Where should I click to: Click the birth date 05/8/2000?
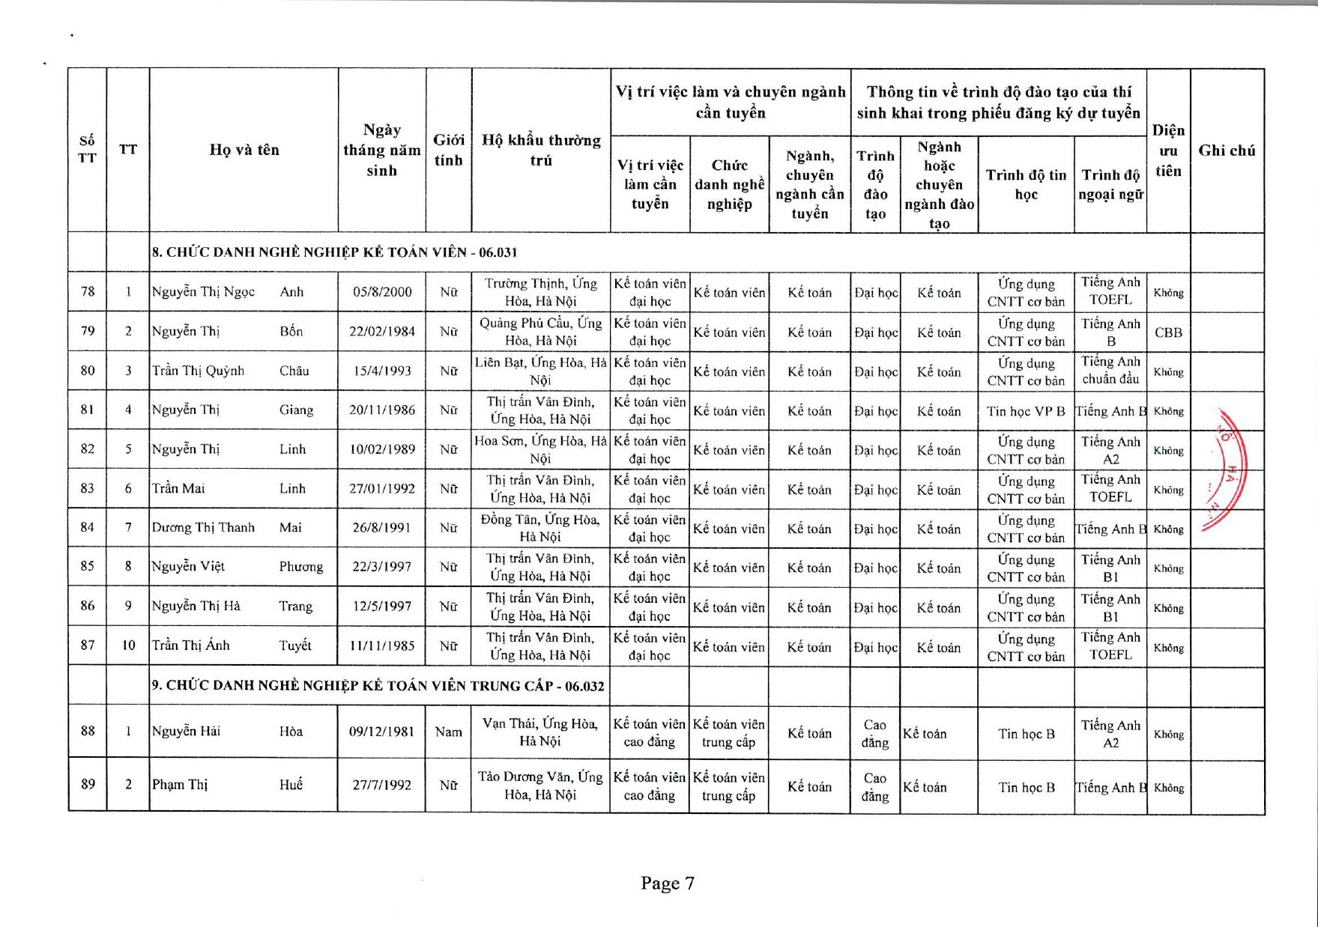(x=382, y=292)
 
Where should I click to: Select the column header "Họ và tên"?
(x=244, y=150)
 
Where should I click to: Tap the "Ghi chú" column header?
(x=1227, y=151)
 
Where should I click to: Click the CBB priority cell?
(x=1168, y=332)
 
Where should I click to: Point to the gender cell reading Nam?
(x=448, y=732)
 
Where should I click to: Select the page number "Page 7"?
(x=667, y=883)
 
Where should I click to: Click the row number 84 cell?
(x=88, y=527)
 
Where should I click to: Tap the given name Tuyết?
(x=295, y=645)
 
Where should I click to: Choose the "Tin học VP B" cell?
(x=1026, y=411)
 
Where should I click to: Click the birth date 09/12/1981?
(x=382, y=732)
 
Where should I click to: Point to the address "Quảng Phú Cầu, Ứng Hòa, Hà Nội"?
(x=540, y=332)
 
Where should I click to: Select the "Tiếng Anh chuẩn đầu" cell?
(x=1110, y=371)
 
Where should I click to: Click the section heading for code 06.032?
(x=378, y=686)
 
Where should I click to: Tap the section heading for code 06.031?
(x=334, y=252)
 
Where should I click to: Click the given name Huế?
(x=291, y=785)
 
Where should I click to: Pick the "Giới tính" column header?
(x=448, y=150)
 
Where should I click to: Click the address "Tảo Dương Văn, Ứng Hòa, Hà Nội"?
(x=540, y=785)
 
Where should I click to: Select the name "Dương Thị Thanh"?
(x=203, y=527)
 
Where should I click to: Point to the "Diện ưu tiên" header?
(x=1168, y=151)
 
